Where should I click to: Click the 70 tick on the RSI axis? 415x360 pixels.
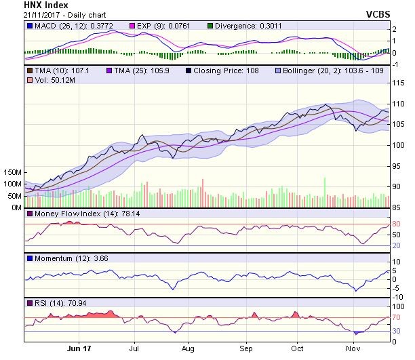[x=397, y=317]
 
